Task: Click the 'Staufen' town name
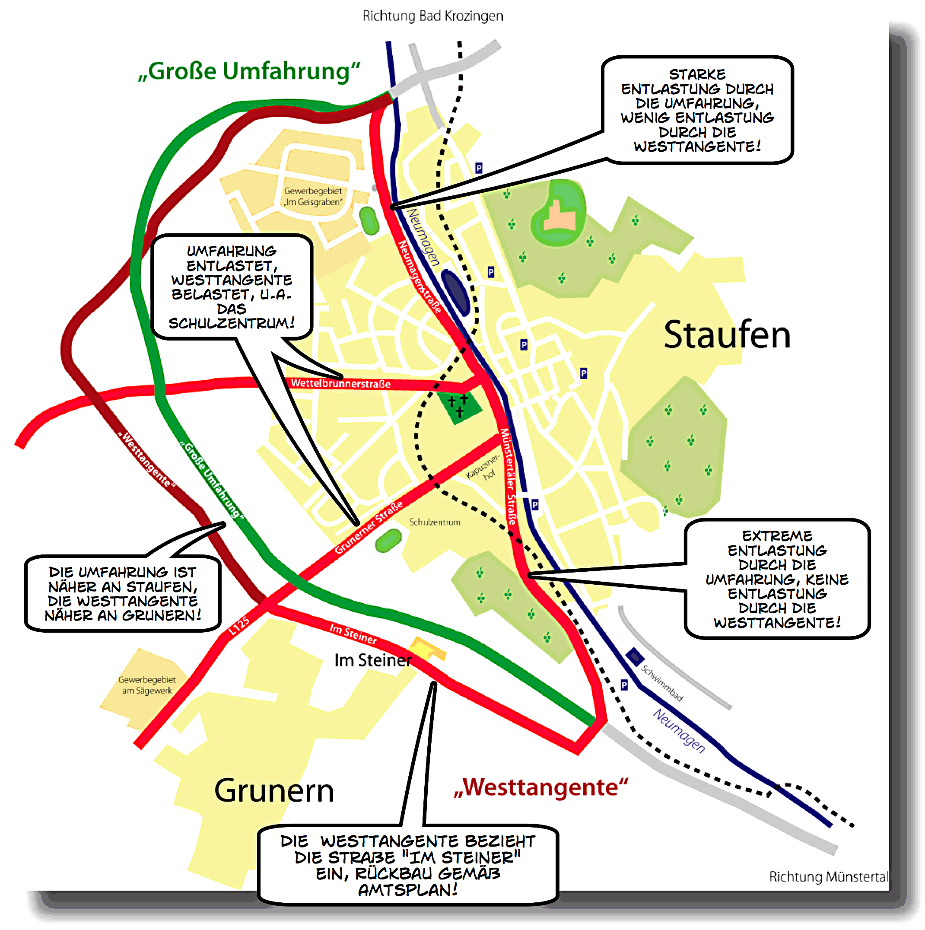pos(727,335)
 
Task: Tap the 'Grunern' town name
pos(274,791)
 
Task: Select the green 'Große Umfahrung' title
pos(249,71)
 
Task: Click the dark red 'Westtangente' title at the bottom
pos(541,788)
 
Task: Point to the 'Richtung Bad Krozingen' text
pos(432,16)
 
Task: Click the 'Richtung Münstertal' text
pos(828,877)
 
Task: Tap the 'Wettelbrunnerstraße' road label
pos(341,384)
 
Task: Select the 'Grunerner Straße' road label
pos(369,528)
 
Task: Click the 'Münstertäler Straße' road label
pos(509,477)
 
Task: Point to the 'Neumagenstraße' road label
pos(420,277)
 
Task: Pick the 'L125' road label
pos(239,625)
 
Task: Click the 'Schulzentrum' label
pos(435,522)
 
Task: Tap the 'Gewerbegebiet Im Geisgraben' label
pos(313,196)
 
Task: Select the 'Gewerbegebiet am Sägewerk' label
pos(147,685)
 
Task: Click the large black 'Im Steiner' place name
pos(373,660)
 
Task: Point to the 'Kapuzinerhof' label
pos(483,468)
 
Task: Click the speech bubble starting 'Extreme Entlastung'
pos(777,579)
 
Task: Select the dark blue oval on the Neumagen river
pos(456,292)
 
